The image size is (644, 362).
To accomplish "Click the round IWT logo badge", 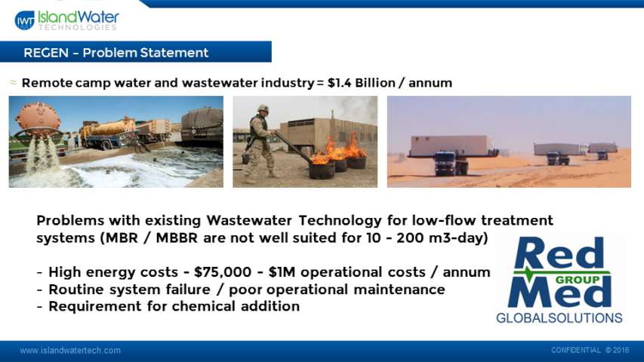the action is tap(25, 20).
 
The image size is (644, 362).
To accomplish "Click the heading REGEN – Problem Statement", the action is tap(116, 53).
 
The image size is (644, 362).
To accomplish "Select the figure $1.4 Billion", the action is tap(362, 83).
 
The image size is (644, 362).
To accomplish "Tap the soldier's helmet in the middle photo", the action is tap(263, 109).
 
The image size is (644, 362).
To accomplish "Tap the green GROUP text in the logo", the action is tap(577, 280).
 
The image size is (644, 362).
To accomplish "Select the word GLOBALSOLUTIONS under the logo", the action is tap(559, 318).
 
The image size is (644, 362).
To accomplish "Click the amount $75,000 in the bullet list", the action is tap(223, 272).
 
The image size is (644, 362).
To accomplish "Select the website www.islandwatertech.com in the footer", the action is tap(70, 351).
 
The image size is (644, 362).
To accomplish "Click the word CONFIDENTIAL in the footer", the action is tap(576, 350).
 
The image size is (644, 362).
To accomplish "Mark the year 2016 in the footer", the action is tap(621, 350).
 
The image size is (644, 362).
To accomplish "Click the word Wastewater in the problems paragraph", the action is tap(249, 220).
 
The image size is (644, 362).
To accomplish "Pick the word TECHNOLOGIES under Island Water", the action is tap(78, 27).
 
